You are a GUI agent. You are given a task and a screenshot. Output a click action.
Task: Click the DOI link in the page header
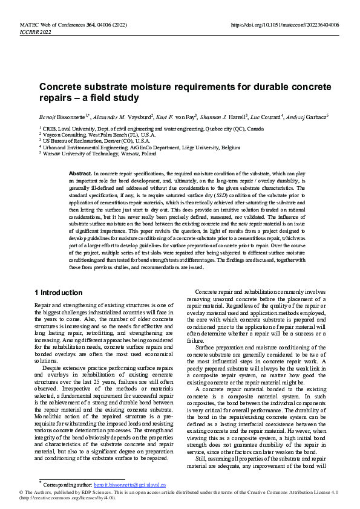point(285,25)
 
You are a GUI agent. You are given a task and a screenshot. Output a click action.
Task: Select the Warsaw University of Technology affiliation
point(99,153)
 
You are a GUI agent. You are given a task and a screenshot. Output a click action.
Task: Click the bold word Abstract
point(80,173)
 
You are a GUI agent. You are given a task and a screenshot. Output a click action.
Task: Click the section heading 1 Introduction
point(59,293)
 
